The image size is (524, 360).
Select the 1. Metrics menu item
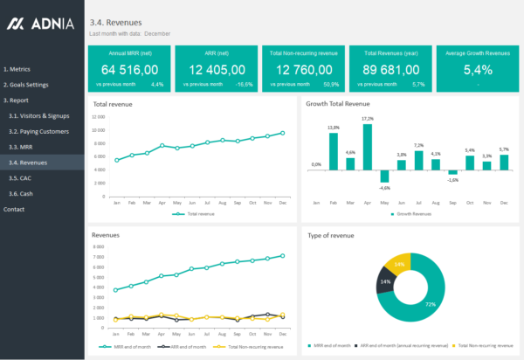(17, 68)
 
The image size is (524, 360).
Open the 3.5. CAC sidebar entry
(20, 177)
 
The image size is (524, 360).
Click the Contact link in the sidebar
(14, 210)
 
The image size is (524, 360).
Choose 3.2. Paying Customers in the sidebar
(38, 131)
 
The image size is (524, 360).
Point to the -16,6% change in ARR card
(243, 85)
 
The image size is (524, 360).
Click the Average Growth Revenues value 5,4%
(478, 70)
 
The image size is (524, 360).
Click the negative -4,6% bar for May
(383, 176)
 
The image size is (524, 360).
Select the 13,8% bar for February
(334, 152)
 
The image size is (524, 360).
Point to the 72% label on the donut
(430, 304)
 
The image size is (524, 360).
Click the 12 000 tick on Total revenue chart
(98, 115)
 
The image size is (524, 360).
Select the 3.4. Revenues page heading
(116, 21)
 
